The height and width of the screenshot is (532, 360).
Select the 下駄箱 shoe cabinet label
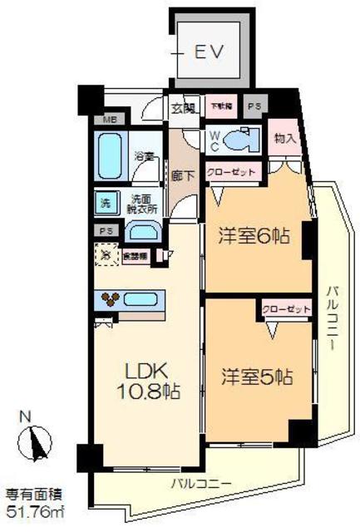coord(220,106)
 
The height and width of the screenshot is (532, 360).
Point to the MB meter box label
coord(109,120)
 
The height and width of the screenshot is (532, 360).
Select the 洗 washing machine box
coord(106,202)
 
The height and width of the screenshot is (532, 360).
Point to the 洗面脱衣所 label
coord(142,204)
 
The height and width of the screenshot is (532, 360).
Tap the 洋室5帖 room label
coord(256,376)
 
